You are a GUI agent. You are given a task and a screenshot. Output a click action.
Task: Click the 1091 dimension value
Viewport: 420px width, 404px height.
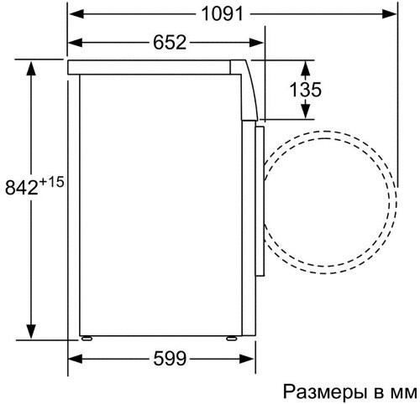click(x=223, y=14)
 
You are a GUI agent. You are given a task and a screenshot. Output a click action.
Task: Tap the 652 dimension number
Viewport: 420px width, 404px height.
click(x=170, y=43)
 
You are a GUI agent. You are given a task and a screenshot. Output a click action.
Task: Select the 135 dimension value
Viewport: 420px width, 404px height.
click(x=305, y=90)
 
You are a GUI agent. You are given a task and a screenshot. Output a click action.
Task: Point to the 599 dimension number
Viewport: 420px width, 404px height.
click(x=170, y=359)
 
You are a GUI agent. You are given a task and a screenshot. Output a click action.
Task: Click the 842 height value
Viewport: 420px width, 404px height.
click(x=22, y=188)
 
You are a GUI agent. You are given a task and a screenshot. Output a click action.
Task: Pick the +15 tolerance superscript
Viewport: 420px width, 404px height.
click(x=52, y=182)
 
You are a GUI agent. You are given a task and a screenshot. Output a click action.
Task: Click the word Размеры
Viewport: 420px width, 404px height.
click(x=325, y=392)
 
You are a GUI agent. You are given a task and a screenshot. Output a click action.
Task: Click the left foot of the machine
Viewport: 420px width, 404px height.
click(x=87, y=339)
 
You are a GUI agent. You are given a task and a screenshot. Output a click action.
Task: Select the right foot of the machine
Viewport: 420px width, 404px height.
click(x=232, y=339)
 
